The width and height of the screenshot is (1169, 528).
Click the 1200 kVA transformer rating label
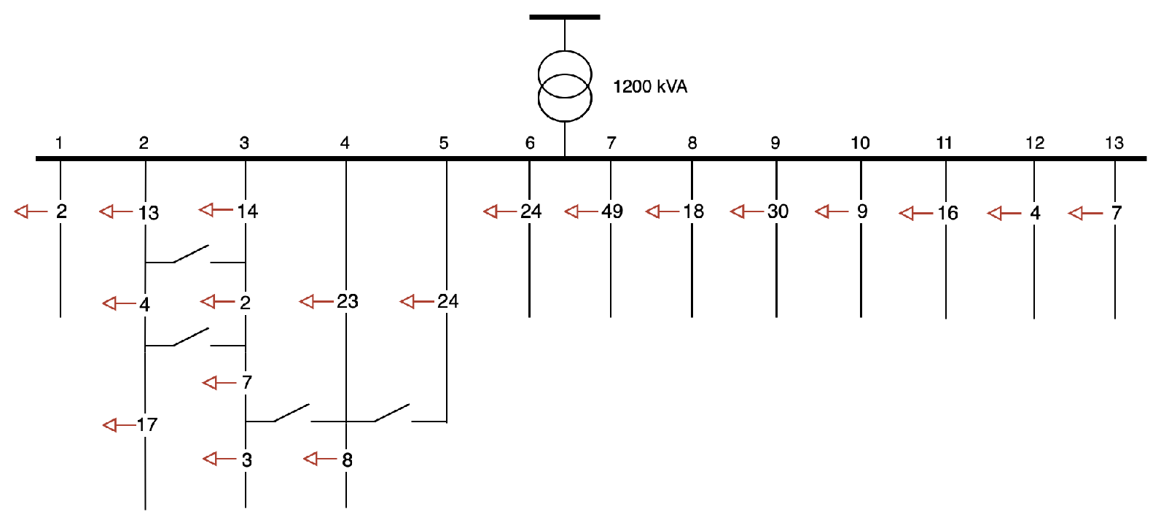coord(649,87)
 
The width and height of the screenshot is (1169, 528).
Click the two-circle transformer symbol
coord(565,86)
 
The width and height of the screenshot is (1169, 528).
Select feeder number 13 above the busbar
coord(1114,143)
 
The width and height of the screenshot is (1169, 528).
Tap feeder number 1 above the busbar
coord(59,143)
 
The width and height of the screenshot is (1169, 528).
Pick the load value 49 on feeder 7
coord(612,211)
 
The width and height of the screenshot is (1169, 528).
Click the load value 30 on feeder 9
coord(778,211)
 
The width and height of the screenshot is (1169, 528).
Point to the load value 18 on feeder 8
coord(693,211)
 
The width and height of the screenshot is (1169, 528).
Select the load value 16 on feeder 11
coord(947,213)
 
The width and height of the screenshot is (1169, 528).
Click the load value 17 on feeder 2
coord(146,424)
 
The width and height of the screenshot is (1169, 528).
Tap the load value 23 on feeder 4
coord(347,301)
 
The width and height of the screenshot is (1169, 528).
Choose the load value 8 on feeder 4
coord(347,460)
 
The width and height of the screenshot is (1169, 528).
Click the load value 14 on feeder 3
coord(247,211)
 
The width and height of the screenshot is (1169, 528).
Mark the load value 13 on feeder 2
coord(148,213)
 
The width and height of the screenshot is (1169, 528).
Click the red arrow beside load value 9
coord(831,211)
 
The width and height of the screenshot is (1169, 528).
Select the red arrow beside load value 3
coord(219,459)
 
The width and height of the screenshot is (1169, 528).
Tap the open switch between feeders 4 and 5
coord(392,414)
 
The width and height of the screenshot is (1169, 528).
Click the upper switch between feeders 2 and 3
coord(191,254)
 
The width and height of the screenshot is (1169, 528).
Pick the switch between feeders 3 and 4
coord(292,414)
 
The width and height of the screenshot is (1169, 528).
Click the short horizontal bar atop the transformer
coord(565,17)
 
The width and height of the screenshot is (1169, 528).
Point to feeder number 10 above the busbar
coord(860,143)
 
